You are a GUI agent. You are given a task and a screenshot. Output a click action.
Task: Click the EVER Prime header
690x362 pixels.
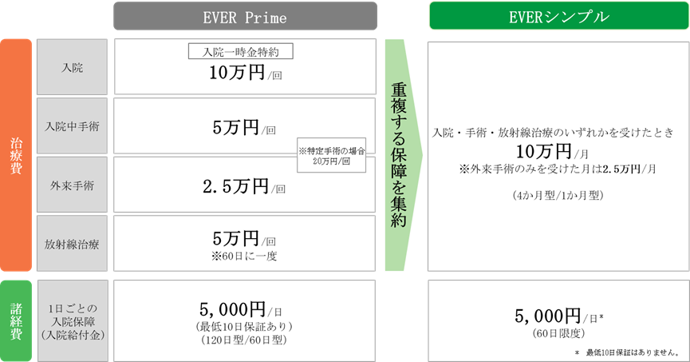pos(244,16)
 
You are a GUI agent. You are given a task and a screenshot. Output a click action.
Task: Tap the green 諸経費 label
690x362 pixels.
pos(16,317)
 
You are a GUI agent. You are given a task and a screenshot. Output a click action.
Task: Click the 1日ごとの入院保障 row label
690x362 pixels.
pos(72,317)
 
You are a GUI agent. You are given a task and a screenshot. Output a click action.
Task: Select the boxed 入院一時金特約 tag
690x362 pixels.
pos(240,52)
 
